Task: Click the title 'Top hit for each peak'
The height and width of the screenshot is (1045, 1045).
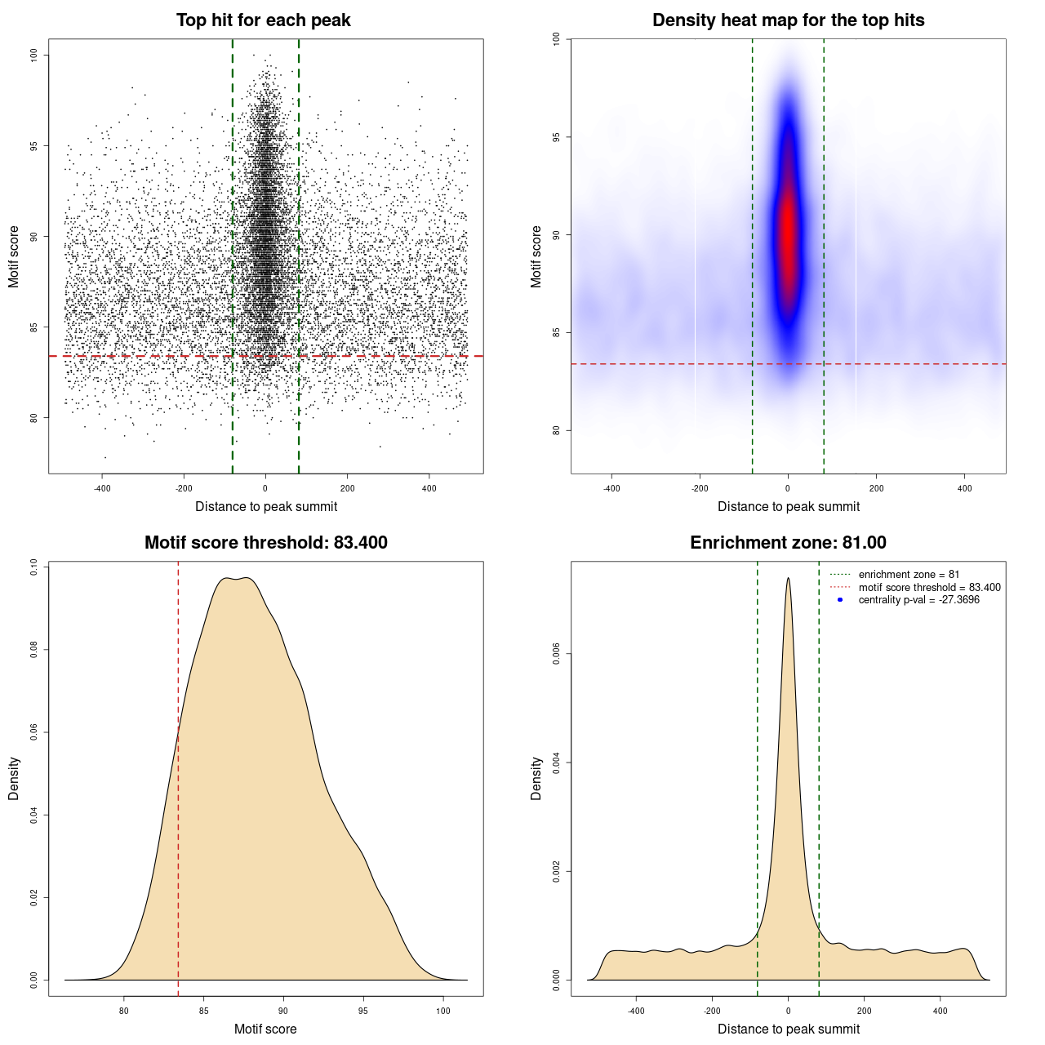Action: pos(263,20)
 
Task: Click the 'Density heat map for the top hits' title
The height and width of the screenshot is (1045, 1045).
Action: pos(788,20)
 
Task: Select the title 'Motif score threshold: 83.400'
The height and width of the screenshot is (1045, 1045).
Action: pos(265,543)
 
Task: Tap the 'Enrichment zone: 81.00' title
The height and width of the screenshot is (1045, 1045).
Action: pos(788,543)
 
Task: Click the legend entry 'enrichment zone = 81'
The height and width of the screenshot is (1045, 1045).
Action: pos(909,575)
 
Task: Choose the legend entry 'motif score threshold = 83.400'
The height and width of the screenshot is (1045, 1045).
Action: pos(929,587)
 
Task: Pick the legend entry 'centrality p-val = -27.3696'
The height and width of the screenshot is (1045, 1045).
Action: pos(918,600)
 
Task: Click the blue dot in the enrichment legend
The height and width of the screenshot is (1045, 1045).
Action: pos(840,600)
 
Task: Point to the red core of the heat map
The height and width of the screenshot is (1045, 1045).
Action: pos(788,237)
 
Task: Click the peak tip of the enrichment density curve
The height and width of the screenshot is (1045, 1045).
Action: pos(788,579)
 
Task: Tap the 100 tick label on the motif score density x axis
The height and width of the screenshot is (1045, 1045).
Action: pos(442,1011)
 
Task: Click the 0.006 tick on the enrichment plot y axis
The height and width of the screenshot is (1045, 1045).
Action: pos(556,654)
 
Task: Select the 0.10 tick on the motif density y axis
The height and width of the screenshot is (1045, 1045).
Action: pos(33,567)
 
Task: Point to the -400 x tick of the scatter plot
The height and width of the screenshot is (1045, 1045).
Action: pos(102,488)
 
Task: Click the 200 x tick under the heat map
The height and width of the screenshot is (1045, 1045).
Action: pos(876,488)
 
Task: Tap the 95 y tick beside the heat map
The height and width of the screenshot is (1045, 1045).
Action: pos(556,137)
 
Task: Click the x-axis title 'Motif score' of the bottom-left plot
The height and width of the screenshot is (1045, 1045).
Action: pos(265,1029)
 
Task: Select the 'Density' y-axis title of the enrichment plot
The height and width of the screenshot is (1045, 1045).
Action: pos(536,778)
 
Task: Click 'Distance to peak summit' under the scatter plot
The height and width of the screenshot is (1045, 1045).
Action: pos(266,506)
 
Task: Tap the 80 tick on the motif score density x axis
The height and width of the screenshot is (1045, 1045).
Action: pos(124,1011)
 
